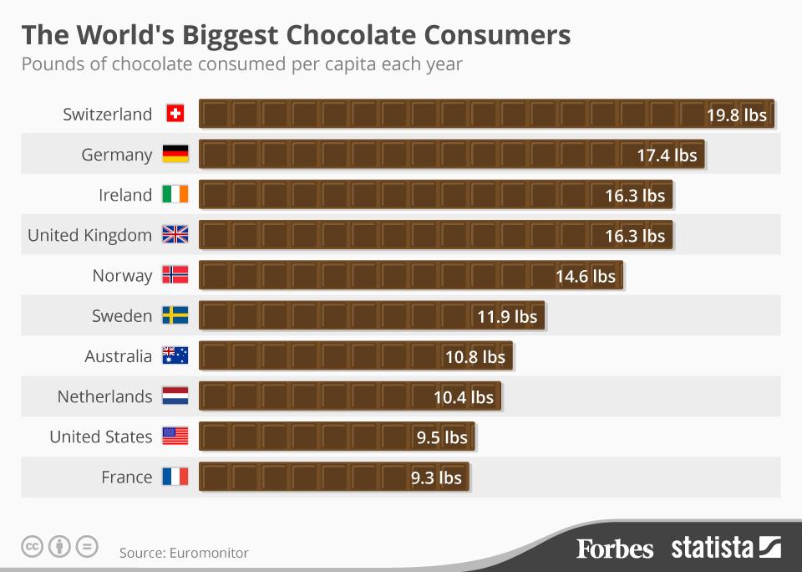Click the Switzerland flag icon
coord(175,114)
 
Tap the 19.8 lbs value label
coord(736,115)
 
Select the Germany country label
coord(117,155)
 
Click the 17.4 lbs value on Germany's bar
coord(666,155)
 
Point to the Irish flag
coord(175,195)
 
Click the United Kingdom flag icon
coord(175,235)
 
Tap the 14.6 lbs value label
coord(585,276)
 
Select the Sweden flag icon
coord(175,315)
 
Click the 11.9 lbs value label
coord(507,316)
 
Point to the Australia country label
coord(118,356)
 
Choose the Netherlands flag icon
coord(175,396)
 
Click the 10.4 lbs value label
coord(463,396)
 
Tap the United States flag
coord(175,436)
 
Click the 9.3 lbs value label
coord(435,478)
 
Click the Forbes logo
coord(614,549)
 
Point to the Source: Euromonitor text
coord(184,553)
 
